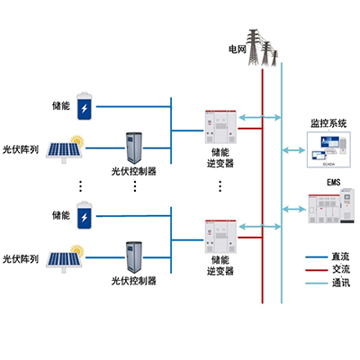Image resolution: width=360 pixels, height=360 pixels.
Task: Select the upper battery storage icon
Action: pos(85,107)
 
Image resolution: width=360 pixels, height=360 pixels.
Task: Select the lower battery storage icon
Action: pos(85,217)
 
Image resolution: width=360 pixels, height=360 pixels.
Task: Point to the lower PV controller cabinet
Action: pos(135,256)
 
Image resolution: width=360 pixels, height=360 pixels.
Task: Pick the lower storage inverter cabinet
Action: pos(220,235)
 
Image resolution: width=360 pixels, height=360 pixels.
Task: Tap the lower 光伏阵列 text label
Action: pos(20,259)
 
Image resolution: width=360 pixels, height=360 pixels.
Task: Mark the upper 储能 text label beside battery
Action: pos(60,106)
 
